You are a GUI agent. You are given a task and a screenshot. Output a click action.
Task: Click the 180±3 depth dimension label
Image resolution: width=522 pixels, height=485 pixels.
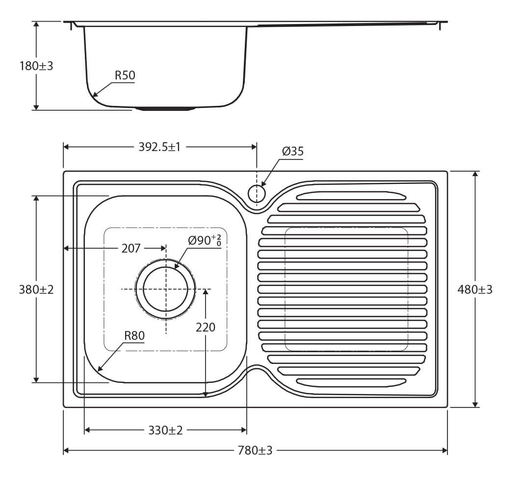click(36, 66)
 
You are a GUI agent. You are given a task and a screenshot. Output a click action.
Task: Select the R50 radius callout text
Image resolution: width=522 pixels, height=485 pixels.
click(125, 75)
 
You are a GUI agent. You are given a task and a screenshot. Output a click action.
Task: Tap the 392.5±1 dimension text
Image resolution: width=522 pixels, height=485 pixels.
click(159, 147)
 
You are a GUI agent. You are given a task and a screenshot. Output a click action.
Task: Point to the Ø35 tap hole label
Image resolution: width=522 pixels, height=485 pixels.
click(293, 152)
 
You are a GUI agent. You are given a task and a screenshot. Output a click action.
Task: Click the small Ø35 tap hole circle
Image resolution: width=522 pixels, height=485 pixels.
click(257, 193)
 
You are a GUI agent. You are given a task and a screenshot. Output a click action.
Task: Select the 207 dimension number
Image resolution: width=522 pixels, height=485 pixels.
click(131, 248)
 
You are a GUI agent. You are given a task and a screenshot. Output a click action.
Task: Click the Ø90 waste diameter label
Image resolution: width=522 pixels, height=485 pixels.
click(204, 240)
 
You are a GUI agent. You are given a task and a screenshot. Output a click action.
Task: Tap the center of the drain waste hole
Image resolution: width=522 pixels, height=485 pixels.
click(166, 289)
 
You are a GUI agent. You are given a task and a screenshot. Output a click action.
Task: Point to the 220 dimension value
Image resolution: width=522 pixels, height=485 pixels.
click(205, 327)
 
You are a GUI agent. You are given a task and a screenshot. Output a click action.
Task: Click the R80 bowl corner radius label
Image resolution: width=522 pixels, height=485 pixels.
click(134, 336)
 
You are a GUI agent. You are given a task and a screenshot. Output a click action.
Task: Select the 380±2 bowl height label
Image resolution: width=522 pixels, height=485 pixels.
click(36, 289)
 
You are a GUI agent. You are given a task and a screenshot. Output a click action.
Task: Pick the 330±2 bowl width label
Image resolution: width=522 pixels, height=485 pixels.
click(165, 430)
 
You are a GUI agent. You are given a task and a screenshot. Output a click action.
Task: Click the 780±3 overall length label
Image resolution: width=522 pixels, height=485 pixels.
click(255, 450)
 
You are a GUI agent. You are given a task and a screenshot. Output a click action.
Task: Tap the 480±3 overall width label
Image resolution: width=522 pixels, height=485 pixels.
click(474, 289)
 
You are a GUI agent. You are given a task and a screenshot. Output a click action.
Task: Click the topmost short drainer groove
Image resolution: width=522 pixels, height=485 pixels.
click(351, 196)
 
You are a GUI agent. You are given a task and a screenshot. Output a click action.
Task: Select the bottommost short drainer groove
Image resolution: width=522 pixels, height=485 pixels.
click(351, 382)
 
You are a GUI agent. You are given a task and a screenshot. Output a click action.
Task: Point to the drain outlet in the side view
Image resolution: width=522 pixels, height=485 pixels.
click(165, 108)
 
